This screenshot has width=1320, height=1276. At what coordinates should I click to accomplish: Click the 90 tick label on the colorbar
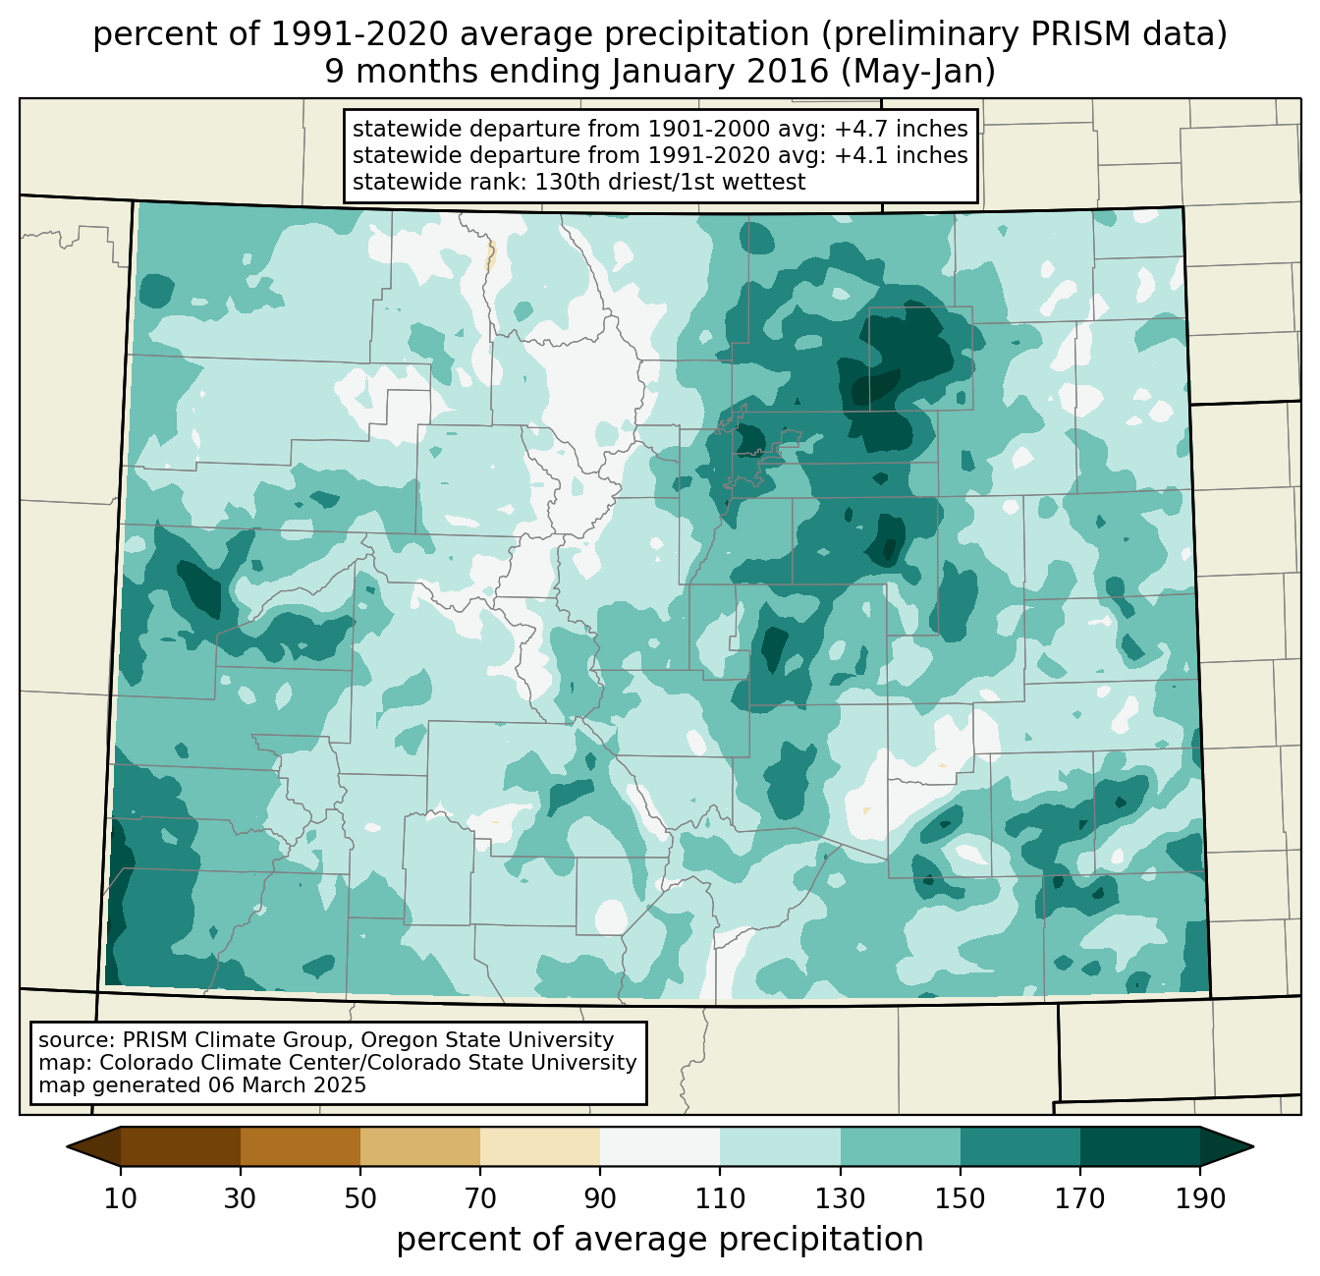[x=600, y=1199]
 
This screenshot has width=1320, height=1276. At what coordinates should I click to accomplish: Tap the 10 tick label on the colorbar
[x=121, y=1199]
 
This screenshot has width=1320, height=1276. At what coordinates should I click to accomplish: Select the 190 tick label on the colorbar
[x=1200, y=1199]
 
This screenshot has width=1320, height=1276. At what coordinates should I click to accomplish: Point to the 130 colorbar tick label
[x=841, y=1199]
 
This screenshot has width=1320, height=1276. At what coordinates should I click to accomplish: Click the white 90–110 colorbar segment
[x=660, y=1146]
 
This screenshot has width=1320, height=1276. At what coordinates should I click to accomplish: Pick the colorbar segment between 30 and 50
[x=301, y=1146]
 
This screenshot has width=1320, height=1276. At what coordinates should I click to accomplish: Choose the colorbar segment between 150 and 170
[x=1020, y=1146]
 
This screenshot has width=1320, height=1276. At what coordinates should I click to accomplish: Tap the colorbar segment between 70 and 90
[x=540, y=1146]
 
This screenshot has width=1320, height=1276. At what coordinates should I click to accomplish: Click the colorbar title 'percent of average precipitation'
[x=660, y=1240]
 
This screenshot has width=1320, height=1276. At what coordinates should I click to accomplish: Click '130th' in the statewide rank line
[x=532, y=182]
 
